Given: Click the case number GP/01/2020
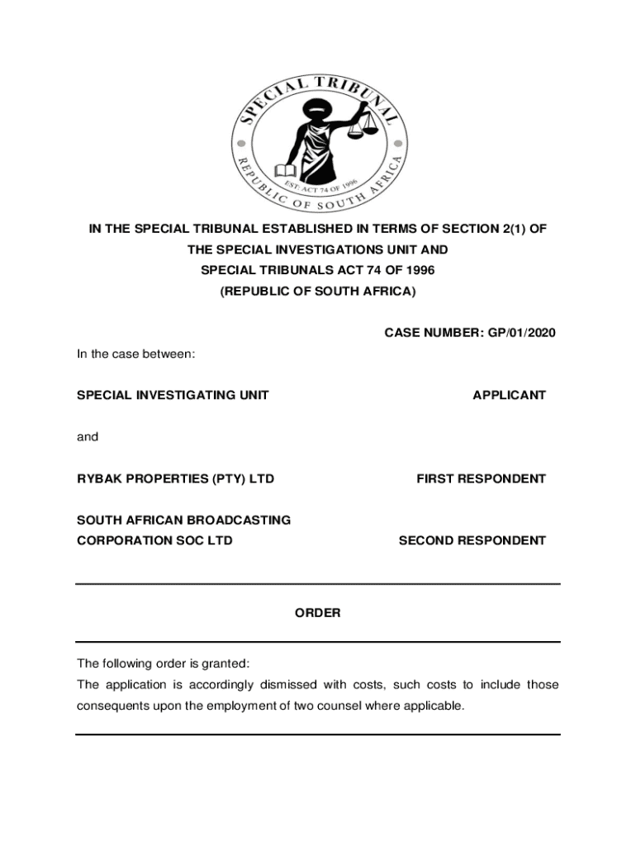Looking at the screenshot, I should [517, 333].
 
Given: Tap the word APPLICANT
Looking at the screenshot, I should [509, 396].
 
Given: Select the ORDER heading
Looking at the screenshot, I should [318, 613].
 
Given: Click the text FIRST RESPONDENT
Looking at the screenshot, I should [481, 479].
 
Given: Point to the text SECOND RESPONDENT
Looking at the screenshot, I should [472, 541].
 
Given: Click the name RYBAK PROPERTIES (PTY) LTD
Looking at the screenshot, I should [175, 479].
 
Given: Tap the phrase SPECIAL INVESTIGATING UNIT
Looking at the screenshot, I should [173, 396].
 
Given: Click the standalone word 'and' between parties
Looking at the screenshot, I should [88, 437].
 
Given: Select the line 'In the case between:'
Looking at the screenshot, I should [136, 354].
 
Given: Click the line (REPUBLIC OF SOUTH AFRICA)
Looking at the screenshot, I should [318, 292].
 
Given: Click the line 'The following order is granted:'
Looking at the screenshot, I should [163, 663].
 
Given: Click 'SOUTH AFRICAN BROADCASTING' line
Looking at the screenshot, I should [183, 520].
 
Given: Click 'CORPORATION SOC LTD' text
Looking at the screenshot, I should [154, 541].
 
